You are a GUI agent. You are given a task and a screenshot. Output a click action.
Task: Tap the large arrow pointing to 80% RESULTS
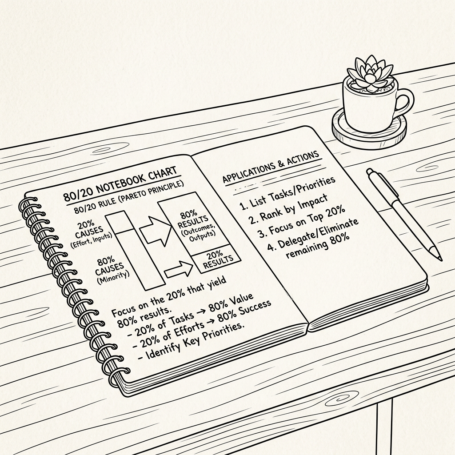tap(155, 229)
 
